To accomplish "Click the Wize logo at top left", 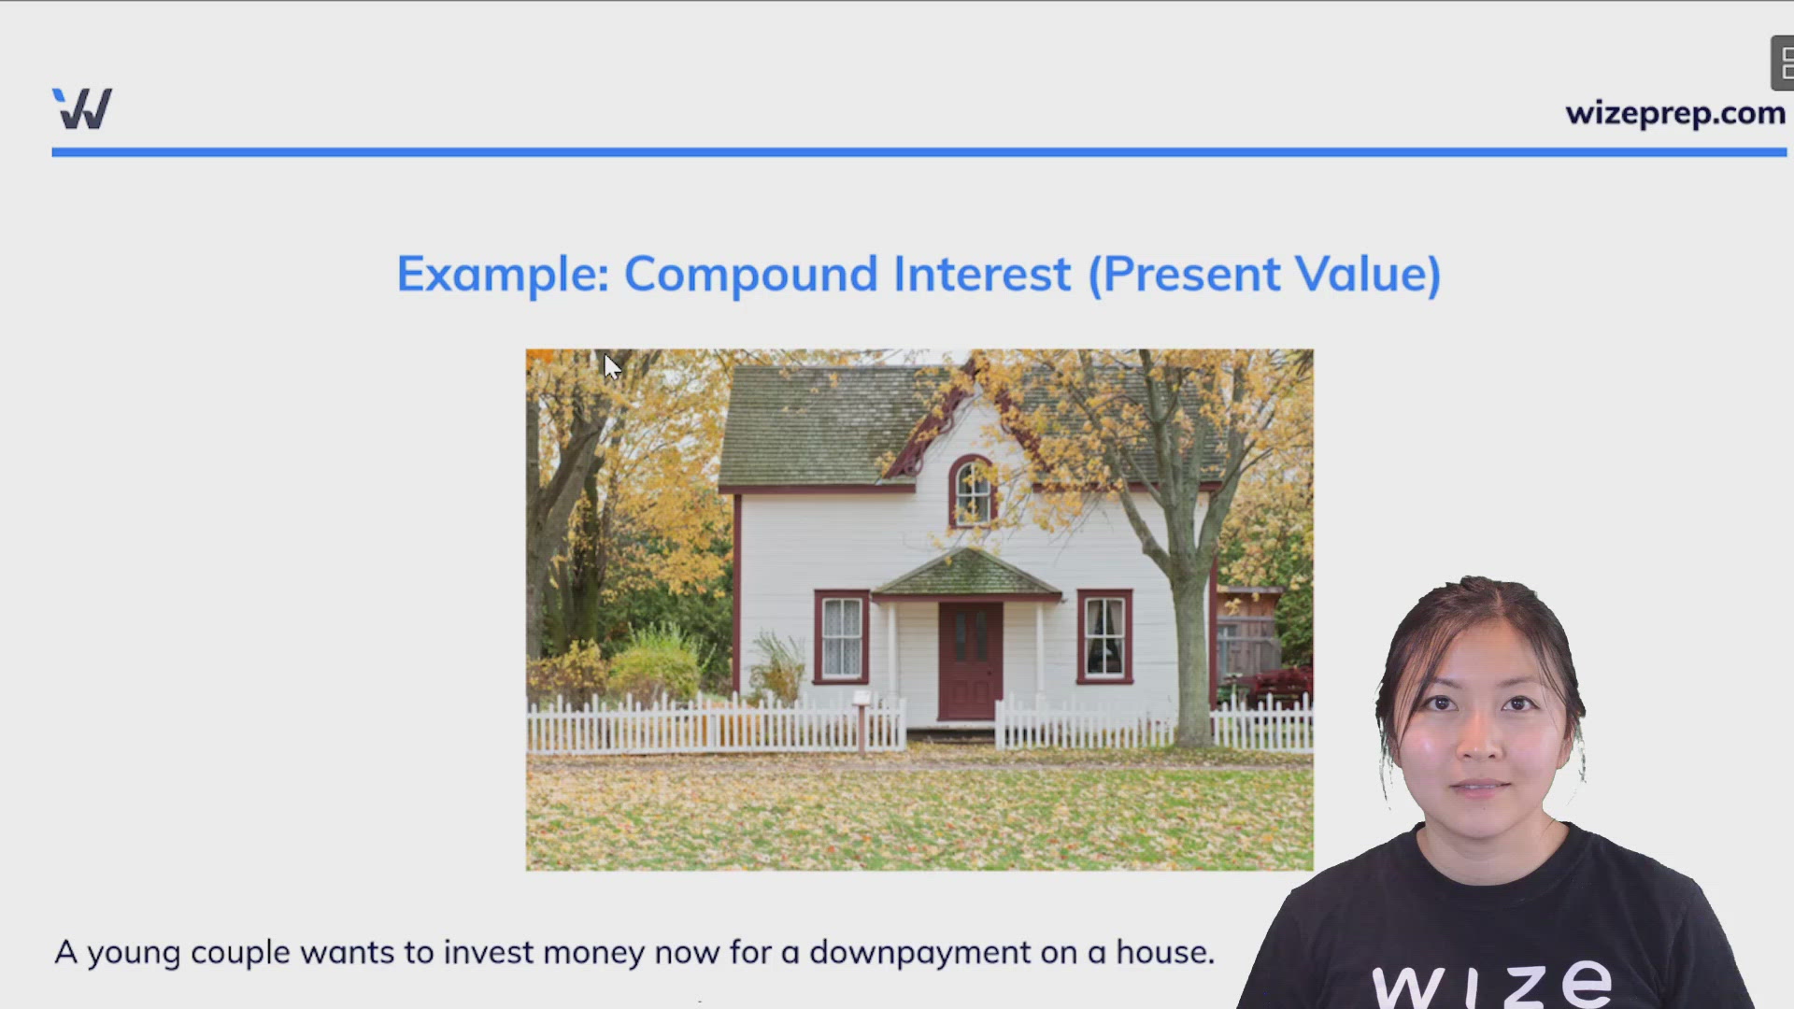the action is [x=82, y=108].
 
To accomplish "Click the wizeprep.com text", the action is [x=1675, y=113].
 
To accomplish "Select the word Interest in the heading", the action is [x=981, y=274].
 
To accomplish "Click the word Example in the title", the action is [x=503, y=275].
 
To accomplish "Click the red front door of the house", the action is [x=971, y=661].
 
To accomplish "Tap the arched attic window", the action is [x=973, y=491].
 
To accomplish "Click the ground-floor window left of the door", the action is [x=842, y=636].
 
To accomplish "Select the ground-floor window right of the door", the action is [x=1104, y=636].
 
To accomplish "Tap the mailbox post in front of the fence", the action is [x=861, y=721].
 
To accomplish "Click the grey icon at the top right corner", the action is [x=1783, y=64].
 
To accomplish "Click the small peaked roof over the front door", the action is [x=967, y=573].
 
